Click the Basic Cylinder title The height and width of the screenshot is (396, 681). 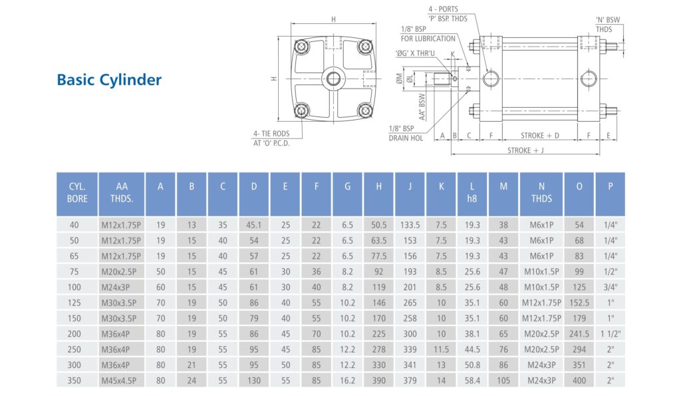coord(109,80)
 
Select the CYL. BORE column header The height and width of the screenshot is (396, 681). coord(77,193)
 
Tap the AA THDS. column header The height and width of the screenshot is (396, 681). coord(121,193)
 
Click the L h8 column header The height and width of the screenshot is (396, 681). coord(472,193)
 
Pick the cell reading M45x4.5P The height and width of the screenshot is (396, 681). coord(121,381)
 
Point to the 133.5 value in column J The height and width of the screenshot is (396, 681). coord(410,225)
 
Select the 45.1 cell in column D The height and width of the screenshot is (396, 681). coord(253,225)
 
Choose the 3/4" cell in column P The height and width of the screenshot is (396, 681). coord(611,288)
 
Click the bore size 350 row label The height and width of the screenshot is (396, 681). coord(77,381)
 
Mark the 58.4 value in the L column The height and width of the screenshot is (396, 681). coord(472,381)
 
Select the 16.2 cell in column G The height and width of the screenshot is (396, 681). coord(347,381)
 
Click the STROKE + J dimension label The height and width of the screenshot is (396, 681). coord(525,150)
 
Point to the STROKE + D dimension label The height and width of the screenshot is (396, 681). coord(539,136)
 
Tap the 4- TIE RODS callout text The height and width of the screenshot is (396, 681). coord(271,133)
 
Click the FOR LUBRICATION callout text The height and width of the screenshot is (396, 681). coord(428,39)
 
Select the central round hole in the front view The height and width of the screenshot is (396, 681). coord(333,80)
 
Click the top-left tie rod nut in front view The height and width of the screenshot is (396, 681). coord(303,47)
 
